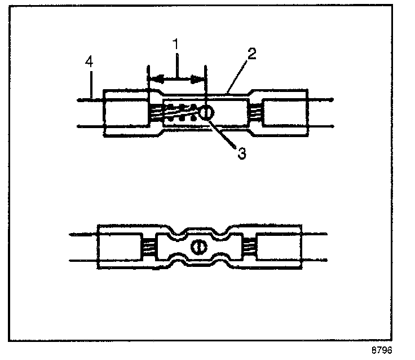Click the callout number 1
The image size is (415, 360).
point(177,43)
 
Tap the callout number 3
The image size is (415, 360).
point(242,153)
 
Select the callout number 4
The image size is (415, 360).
point(89,62)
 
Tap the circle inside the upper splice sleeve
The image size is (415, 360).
point(206,113)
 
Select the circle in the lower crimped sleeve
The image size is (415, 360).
point(198,247)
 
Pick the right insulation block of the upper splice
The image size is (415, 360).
point(285,112)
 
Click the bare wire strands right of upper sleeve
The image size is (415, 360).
point(255,112)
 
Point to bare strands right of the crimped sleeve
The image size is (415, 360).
point(248,247)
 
